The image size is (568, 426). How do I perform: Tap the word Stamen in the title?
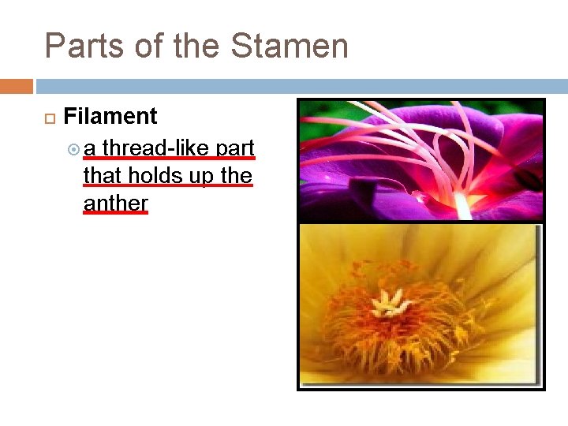click(x=290, y=47)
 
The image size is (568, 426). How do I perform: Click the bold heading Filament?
click(x=110, y=117)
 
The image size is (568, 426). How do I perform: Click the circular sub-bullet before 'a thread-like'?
click(x=74, y=148)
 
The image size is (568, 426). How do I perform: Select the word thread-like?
click(x=156, y=148)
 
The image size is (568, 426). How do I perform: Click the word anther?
click(x=115, y=203)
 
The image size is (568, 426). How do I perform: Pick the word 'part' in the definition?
click(x=235, y=148)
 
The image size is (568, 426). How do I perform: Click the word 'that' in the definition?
click(x=101, y=175)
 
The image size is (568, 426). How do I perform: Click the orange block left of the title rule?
click(x=17, y=85)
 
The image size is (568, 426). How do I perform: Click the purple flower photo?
click(x=421, y=159)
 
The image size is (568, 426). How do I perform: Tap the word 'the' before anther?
click(x=237, y=175)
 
